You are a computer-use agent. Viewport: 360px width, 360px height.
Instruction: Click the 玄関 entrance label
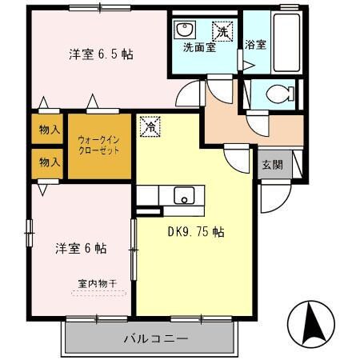coord(272,166)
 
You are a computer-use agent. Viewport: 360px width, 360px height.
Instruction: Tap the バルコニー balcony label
coord(155,338)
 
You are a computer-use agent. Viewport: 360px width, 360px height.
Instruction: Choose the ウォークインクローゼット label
coord(99,144)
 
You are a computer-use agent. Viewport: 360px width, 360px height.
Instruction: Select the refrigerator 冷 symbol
coord(149,126)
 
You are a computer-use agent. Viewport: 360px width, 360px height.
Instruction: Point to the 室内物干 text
coord(97,282)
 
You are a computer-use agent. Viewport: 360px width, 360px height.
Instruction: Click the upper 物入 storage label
coord(49,129)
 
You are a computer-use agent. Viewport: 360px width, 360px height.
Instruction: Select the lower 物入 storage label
coord(49,162)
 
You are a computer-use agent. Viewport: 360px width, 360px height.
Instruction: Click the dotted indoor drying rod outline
coord(98,294)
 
